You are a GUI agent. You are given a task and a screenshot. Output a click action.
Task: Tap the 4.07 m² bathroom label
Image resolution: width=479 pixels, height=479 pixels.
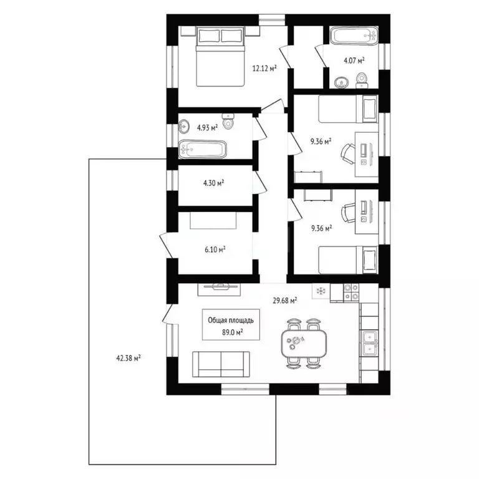pos(354,60)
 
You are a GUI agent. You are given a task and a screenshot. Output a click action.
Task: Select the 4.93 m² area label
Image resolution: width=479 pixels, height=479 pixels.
pos(207,127)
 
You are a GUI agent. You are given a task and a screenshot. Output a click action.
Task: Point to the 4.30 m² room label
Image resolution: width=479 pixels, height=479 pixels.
pos(214,183)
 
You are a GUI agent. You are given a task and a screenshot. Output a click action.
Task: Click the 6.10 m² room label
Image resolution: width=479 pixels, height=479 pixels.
pos(215,248)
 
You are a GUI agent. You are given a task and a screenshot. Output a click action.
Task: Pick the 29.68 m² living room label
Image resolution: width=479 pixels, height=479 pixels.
pos(285,299)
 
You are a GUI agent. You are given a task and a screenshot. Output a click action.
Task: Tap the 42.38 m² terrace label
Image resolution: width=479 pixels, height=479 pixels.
pos(128,358)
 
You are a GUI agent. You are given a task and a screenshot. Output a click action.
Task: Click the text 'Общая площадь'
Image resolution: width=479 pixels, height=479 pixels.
pos(231,320)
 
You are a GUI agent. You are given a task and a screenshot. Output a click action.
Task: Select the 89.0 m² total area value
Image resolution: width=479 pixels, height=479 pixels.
pos(231,332)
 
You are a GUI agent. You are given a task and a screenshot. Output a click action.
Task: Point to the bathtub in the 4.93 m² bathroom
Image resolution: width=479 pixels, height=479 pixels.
pos(202,150)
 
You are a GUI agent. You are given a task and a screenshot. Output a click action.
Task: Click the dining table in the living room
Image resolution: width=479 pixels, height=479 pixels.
pos(304,342)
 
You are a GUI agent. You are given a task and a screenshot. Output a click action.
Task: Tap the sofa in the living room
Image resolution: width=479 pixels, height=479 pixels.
pos(221,364)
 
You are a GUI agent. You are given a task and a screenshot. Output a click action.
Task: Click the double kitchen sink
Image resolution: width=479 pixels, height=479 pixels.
pos(369,342)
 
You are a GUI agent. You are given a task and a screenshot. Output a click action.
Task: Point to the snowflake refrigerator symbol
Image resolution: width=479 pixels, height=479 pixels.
pos(321,291)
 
